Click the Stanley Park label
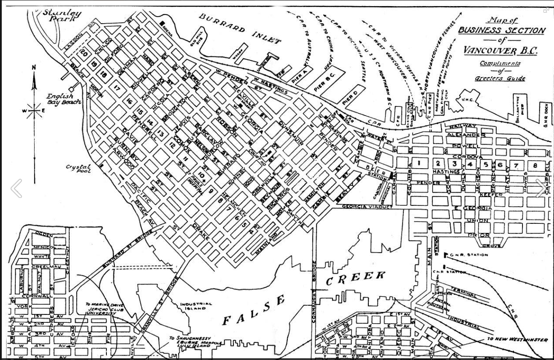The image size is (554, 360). pyautogui.click(x=62, y=16)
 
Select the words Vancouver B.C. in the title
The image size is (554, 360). pyautogui.click(x=500, y=50)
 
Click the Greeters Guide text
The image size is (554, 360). pyautogui.click(x=500, y=79)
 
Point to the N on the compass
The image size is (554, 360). pyautogui.click(x=34, y=67)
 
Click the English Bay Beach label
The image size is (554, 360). pyautogui.click(x=64, y=99)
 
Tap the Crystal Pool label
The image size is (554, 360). pyautogui.click(x=78, y=169)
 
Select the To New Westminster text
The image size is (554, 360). pyautogui.click(x=517, y=340)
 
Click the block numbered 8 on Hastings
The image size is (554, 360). pyautogui.click(x=535, y=165)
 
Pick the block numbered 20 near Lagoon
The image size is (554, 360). pyautogui.click(x=84, y=53)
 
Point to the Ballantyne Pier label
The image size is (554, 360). pyautogui.click(x=519, y=109)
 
